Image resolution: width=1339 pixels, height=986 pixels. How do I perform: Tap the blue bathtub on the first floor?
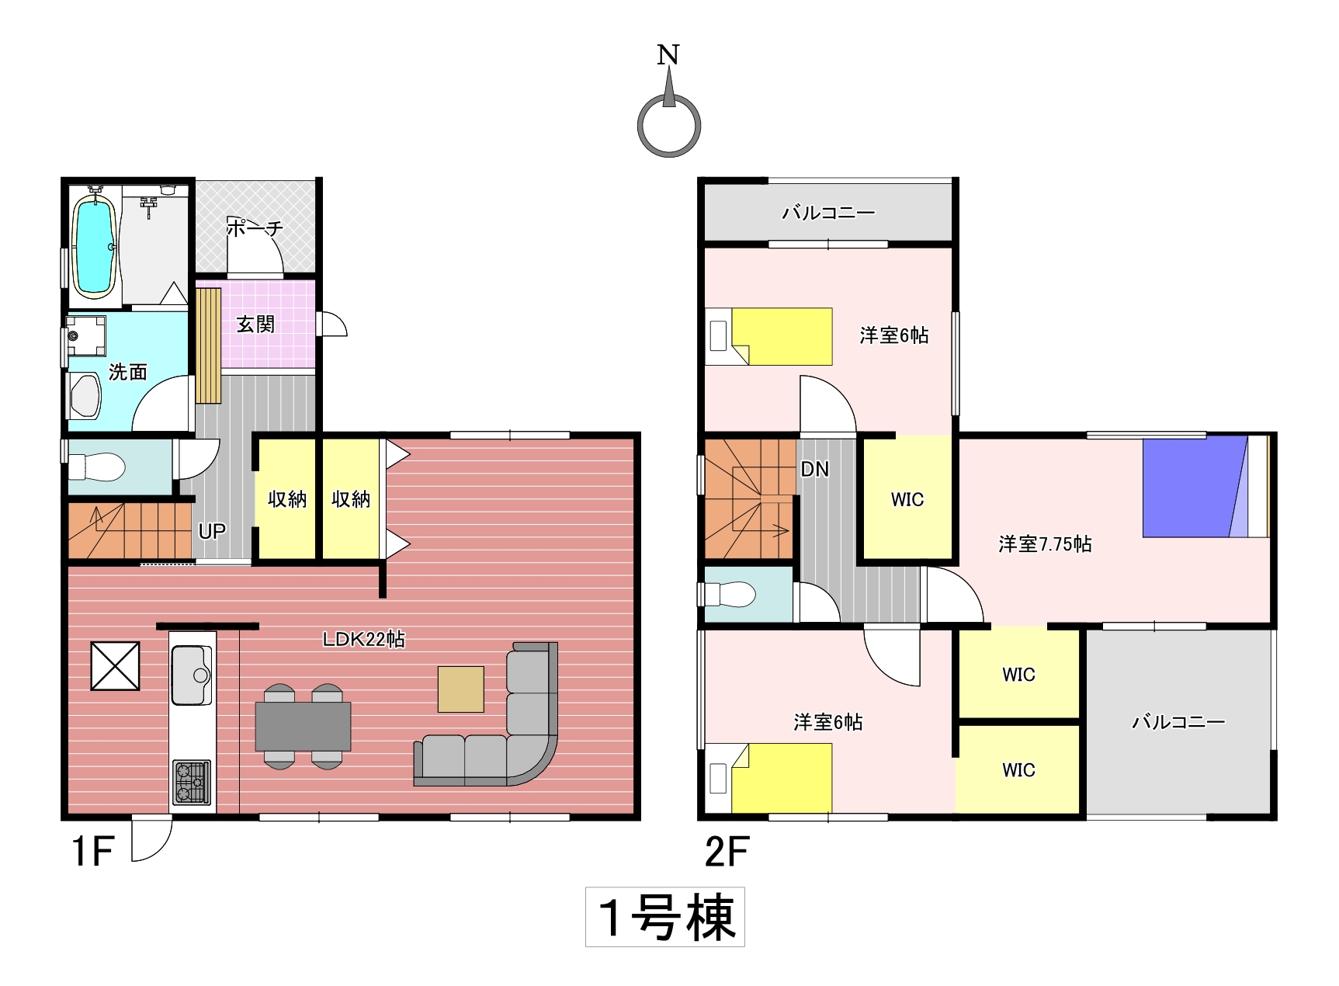coord(95,246)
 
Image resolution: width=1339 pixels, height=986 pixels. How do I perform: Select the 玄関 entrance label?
coord(255,324)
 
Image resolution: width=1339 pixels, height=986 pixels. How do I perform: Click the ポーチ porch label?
coord(255,227)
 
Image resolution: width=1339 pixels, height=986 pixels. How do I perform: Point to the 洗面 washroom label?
coord(128,372)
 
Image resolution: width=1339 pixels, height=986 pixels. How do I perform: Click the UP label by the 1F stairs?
coord(212,531)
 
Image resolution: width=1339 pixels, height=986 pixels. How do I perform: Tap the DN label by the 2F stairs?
coord(814,469)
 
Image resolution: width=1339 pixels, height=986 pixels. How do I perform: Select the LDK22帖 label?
coord(364,639)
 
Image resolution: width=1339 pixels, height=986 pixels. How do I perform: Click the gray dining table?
coord(303,726)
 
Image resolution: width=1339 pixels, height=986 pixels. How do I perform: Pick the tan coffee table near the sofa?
coord(461,689)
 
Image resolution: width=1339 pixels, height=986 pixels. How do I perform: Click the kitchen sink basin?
coord(191,675)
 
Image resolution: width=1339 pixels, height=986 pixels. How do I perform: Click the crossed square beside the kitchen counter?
coord(116,665)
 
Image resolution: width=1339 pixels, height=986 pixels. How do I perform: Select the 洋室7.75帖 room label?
coord(1045,543)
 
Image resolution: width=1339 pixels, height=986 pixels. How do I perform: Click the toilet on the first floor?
coord(97,467)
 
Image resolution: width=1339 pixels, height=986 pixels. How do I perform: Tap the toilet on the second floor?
coord(730,595)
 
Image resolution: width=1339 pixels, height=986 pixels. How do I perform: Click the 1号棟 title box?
coord(665,917)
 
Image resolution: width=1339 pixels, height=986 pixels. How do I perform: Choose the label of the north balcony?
coord(828,212)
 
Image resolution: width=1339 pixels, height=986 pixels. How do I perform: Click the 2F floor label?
coord(727,852)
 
